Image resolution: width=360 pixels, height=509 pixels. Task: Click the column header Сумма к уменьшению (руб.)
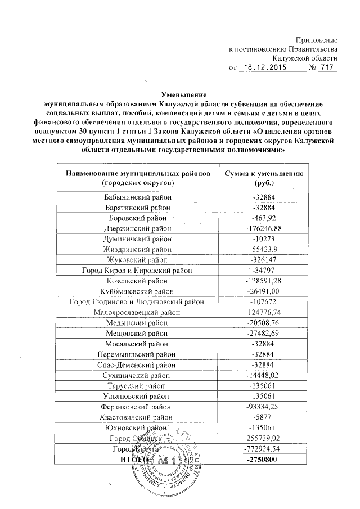coord(264,178)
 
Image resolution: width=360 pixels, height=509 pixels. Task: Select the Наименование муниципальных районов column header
coord(138,178)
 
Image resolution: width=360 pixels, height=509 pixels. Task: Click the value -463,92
coord(264,218)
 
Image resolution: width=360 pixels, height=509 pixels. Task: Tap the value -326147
coord(264,260)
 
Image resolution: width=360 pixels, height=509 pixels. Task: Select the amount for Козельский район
coord(264,281)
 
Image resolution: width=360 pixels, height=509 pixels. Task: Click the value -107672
coord(264,302)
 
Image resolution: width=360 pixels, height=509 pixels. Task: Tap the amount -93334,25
coord(264,406)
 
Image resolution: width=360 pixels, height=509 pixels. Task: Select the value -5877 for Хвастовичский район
coord(264,417)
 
